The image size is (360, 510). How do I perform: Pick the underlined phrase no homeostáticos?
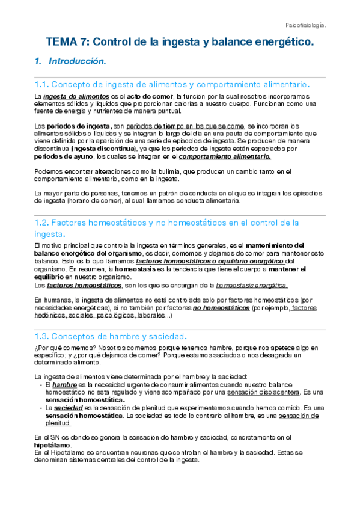[221, 307]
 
